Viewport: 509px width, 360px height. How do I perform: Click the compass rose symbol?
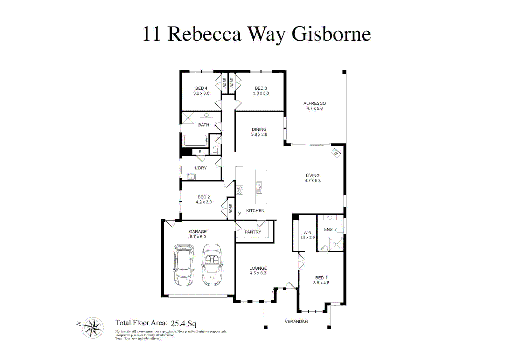[x=93, y=327]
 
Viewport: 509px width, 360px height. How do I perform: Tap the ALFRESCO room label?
[x=314, y=103]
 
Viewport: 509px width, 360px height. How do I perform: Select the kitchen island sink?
[x=259, y=187]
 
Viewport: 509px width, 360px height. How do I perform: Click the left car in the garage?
[x=183, y=265]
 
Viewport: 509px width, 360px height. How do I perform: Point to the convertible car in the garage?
[x=212, y=265]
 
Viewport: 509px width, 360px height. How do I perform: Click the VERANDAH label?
[x=296, y=322]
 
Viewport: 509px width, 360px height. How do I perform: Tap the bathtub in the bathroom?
[x=196, y=140]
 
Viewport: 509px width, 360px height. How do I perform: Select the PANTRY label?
[x=253, y=232]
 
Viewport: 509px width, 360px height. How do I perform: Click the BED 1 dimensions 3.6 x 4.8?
[x=321, y=283]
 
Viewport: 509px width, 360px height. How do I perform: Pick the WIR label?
[x=307, y=233]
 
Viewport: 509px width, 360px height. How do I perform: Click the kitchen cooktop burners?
[x=239, y=190]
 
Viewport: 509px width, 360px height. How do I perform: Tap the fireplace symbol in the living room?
[x=336, y=153]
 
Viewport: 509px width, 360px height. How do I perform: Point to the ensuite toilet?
[x=339, y=230]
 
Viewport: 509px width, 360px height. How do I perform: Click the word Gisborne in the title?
[x=331, y=34]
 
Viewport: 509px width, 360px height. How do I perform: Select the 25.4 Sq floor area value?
[x=183, y=323]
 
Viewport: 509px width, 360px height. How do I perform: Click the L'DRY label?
[x=201, y=168]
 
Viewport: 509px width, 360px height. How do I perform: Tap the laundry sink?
[x=191, y=177]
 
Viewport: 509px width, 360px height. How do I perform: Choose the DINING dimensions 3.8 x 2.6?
[x=259, y=135]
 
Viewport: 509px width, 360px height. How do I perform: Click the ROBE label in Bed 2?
[x=230, y=209]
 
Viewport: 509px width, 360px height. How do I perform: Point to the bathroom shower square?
[x=188, y=118]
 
